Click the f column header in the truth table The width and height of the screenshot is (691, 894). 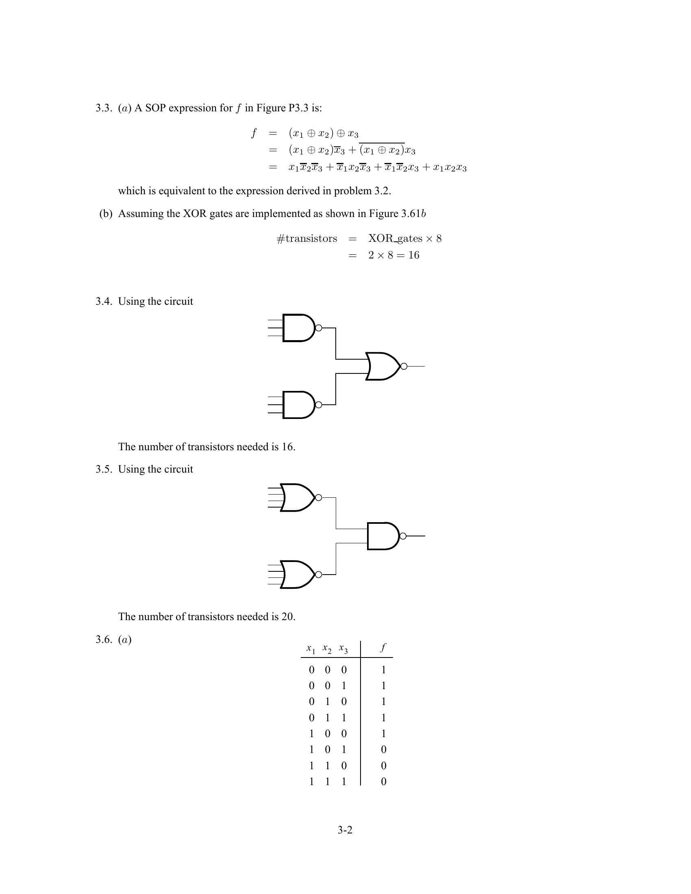pos(383,647)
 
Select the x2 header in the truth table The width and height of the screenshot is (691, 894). pos(327,649)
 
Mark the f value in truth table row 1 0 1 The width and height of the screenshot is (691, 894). pos(384,749)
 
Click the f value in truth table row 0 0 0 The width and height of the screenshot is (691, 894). pos(384,670)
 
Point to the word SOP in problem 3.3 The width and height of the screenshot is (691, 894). pos(155,108)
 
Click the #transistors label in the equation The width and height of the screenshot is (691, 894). pos(307,239)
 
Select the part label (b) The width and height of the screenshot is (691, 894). pos(106,214)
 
